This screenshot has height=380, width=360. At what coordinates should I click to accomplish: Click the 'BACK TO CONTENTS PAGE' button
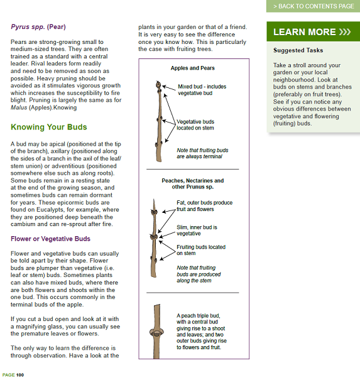tap(313, 6)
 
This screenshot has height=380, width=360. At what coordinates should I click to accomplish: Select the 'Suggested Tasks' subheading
tap(298, 50)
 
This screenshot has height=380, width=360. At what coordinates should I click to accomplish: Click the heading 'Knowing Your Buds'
tap(49, 128)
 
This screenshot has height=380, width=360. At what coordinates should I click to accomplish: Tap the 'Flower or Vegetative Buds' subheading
tap(50, 239)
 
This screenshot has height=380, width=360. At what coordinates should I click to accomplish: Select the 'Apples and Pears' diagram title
tap(192, 68)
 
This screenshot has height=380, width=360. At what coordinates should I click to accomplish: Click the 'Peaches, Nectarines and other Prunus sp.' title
tap(192, 183)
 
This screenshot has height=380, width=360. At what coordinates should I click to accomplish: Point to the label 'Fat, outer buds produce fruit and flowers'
tap(204, 206)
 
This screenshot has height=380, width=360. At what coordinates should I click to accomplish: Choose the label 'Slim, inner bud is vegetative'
tap(199, 230)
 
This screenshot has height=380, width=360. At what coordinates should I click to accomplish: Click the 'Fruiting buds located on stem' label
tap(200, 250)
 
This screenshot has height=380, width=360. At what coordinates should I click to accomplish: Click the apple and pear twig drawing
tap(160, 116)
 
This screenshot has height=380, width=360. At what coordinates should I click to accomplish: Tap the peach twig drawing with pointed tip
tap(153, 239)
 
